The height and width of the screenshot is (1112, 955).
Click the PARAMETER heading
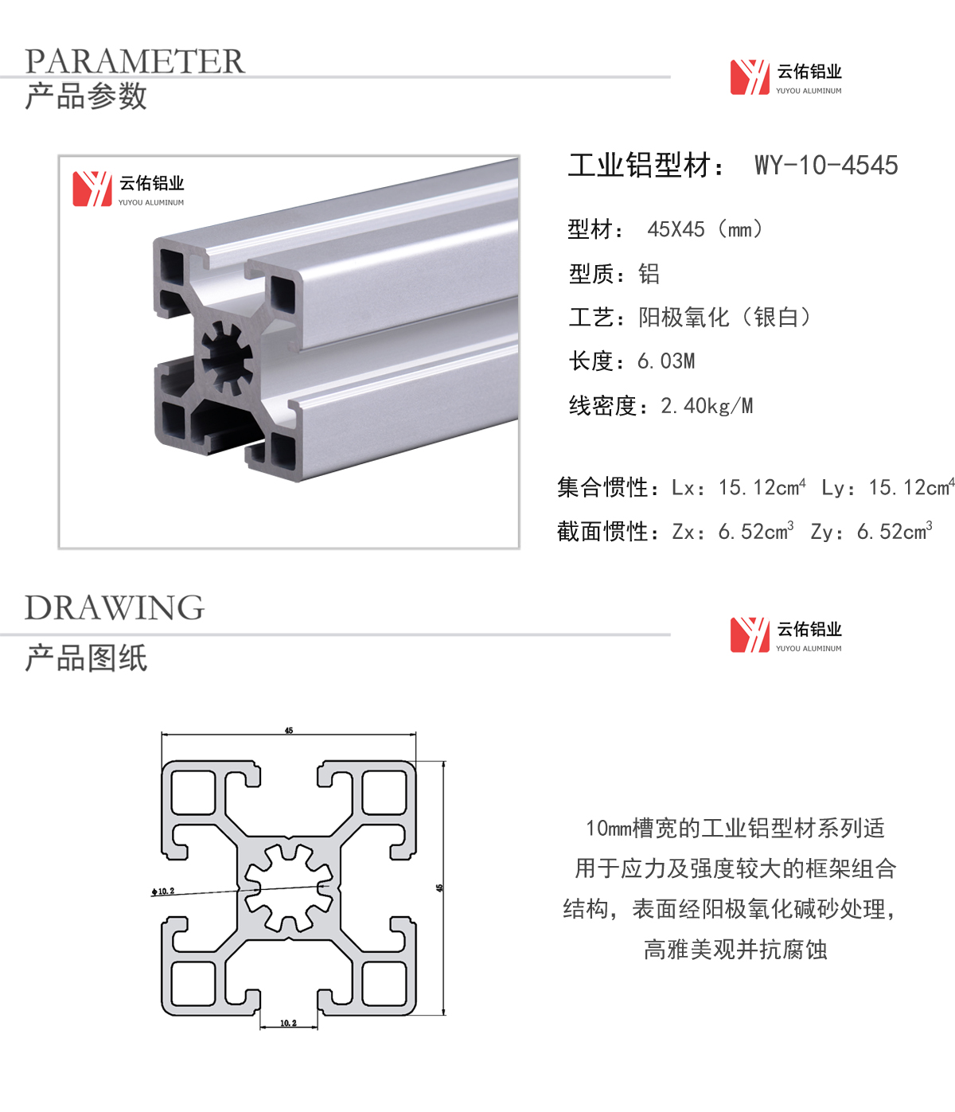click(x=134, y=61)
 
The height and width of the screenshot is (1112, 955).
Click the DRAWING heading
click(x=115, y=607)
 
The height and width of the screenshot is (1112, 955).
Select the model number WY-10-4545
click(x=826, y=165)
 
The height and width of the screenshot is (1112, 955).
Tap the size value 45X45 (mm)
click(x=705, y=230)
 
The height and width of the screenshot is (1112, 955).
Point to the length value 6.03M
click(x=666, y=361)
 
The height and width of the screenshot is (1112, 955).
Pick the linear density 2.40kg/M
click(x=707, y=406)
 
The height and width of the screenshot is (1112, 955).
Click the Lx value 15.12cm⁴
click(x=762, y=487)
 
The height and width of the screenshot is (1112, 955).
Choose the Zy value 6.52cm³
click(x=895, y=531)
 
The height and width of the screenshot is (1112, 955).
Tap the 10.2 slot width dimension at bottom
click(x=288, y=1023)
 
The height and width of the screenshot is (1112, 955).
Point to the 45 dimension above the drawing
click(x=289, y=730)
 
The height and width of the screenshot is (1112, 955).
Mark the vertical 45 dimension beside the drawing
click(x=439, y=888)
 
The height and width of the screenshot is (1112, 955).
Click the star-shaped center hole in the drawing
click(x=288, y=888)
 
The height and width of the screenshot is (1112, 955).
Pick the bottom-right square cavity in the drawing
click(x=384, y=983)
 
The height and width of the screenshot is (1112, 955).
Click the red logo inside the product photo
click(x=92, y=189)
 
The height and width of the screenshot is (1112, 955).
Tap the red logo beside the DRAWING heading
click(x=750, y=635)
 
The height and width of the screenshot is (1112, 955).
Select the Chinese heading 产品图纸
click(x=86, y=657)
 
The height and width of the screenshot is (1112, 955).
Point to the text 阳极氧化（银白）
click(x=724, y=318)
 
